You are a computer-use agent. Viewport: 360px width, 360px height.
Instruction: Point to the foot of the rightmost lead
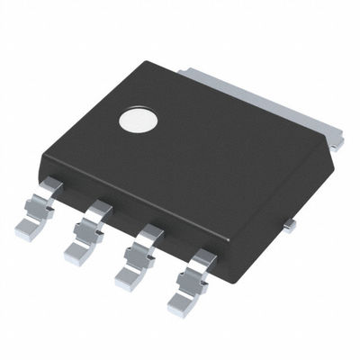point(193,307)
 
